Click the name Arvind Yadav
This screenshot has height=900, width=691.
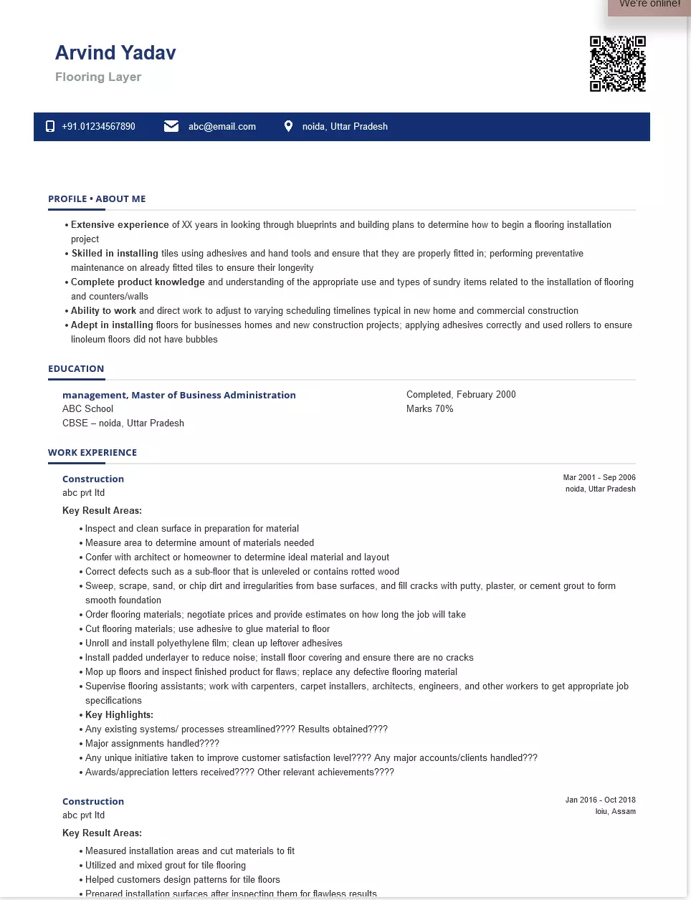pos(115,53)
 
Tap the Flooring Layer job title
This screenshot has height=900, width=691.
pos(98,77)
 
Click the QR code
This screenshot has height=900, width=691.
pos(618,64)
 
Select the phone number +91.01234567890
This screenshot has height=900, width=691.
pos(98,127)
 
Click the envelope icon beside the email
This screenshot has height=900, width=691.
pos(171,126)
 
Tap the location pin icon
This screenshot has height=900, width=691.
pos(288,126)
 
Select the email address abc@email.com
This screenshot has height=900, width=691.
pos(222,127)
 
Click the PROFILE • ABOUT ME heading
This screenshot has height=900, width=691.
pos(97,199)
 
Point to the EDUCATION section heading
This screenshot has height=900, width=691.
pos(76,369)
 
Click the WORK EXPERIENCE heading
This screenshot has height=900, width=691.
pos(92,453)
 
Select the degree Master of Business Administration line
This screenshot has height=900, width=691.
pos(179,395)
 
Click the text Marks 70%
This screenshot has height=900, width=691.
pos(430,409)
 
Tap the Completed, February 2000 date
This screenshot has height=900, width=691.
pos(461,395)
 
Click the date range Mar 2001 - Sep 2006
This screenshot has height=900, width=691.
pos(599,477)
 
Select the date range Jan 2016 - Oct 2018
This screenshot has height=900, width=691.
pos(600,800)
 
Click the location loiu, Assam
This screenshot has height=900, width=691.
pos(615,811)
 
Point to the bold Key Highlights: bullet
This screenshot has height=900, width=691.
pos(119,715)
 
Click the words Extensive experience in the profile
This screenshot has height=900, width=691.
pos(120,225)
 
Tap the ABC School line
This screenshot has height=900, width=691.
pos(87,409)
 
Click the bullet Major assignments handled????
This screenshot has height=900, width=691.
pos(152,744)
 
